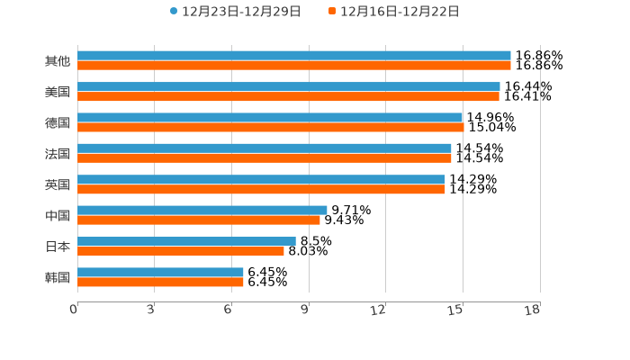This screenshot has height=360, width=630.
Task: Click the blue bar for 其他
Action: point(293,56)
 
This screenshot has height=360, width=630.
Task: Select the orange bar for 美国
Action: point(288,96)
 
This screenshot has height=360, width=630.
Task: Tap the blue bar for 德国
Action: point(270,117)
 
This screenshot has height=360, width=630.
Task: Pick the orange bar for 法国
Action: point(265,157)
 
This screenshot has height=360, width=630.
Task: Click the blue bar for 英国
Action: point(261,179)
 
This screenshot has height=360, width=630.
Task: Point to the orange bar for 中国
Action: point(198,220)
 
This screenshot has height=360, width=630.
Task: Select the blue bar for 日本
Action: point(186,241)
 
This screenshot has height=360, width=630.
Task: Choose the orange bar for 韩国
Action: point(160,282)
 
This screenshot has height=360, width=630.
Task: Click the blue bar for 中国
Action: point(202,210)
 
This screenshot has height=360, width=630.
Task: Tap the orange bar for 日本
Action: point(180,251)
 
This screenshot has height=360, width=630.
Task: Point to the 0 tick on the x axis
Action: point(75,310)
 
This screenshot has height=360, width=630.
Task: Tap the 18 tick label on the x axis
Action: point(533,310)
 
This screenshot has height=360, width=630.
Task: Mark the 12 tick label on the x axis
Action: point(379,310)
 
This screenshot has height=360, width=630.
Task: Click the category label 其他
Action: point(57,61)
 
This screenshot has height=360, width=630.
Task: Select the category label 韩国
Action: point(57,277)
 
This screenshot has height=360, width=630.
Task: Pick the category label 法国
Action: point(57,154)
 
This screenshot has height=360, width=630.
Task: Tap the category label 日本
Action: point(57,246)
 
